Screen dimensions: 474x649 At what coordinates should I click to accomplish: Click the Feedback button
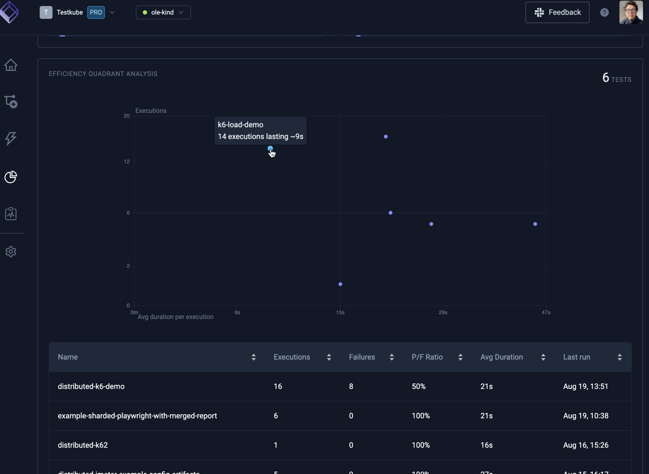click(x=557, y=12)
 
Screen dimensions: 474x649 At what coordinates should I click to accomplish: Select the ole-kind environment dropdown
click(x=163, y=12)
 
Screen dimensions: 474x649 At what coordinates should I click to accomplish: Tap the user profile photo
click(x=631, y=12)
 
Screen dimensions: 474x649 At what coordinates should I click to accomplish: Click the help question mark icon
click(x=604, y=12)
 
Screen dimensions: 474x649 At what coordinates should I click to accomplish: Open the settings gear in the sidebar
click(x=11, y=252)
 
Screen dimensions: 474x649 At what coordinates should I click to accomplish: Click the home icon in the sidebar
click(x=11, y=65)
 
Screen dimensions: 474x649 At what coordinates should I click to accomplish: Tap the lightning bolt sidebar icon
click(x=11, y=138)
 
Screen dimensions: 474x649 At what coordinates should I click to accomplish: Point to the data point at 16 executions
click(x=385, y=137)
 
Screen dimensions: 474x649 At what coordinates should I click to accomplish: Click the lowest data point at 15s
click(x=341, y=284)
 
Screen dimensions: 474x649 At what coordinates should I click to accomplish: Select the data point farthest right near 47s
click(x=535, y=224)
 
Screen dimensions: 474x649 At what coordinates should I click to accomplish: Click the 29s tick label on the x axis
click(x=443, y=313)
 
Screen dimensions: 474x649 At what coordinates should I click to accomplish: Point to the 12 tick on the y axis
click(x=127, y=161)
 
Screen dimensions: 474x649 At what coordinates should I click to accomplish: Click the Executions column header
click(x=292, y=357)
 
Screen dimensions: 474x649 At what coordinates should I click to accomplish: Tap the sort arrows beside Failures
click(x=392, y=358)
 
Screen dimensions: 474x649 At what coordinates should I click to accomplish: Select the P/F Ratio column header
click(x=427, y=357)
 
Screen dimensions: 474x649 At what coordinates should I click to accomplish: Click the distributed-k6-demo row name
click(x=91, y=386)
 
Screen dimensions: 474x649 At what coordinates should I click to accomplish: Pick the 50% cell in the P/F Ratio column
click(x=419, y=386)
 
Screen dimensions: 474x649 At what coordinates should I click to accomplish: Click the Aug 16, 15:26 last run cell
click(x=585, y=445)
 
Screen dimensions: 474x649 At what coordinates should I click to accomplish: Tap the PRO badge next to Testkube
click(x=96, y=12)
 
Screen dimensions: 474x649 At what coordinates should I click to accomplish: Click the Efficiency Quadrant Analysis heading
click(x=103, y=74)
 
